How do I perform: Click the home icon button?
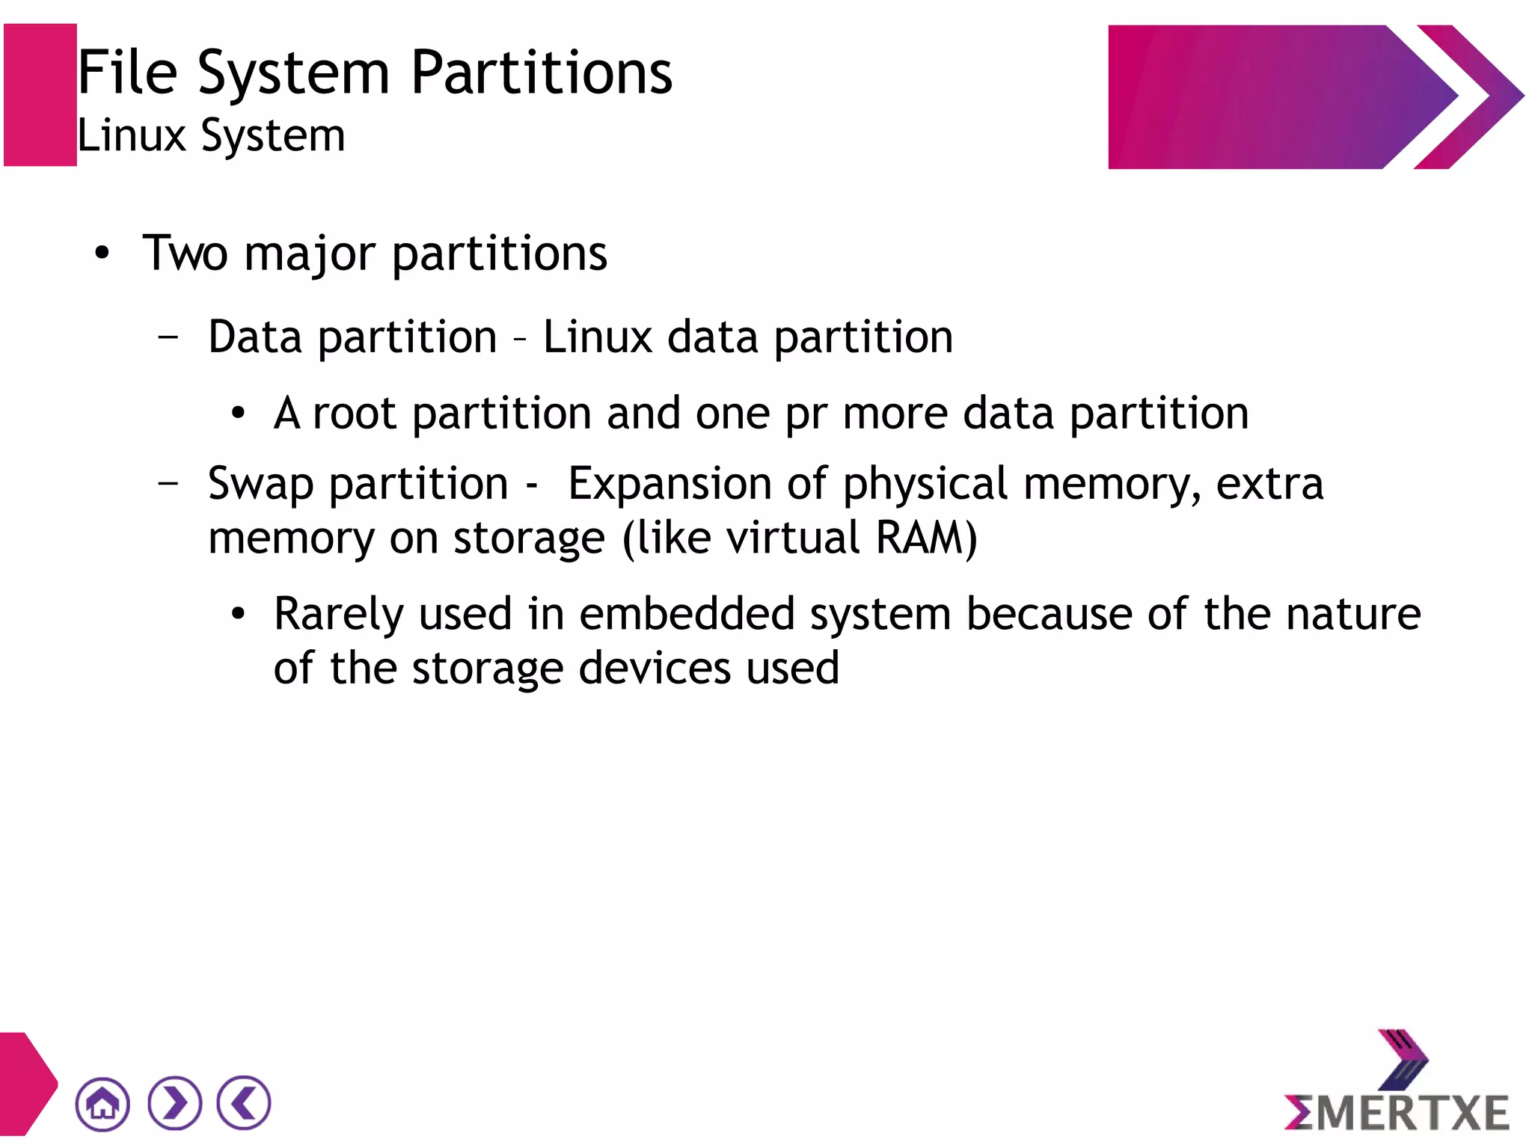point(102,1104)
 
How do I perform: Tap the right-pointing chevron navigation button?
point(175,1103)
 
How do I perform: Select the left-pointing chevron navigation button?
point(244,1102)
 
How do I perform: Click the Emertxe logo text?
point(1397,1112)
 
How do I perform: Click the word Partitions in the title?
point(542,73)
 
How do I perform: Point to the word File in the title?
point(128,73)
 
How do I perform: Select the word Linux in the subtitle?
point(132,136)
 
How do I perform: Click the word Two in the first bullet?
point(185,253)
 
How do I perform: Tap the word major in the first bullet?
point(309,254)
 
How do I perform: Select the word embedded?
point(687,614)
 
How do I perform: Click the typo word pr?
point(806,414)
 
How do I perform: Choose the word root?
point(354,414)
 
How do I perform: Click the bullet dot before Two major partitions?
point(102,254)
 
